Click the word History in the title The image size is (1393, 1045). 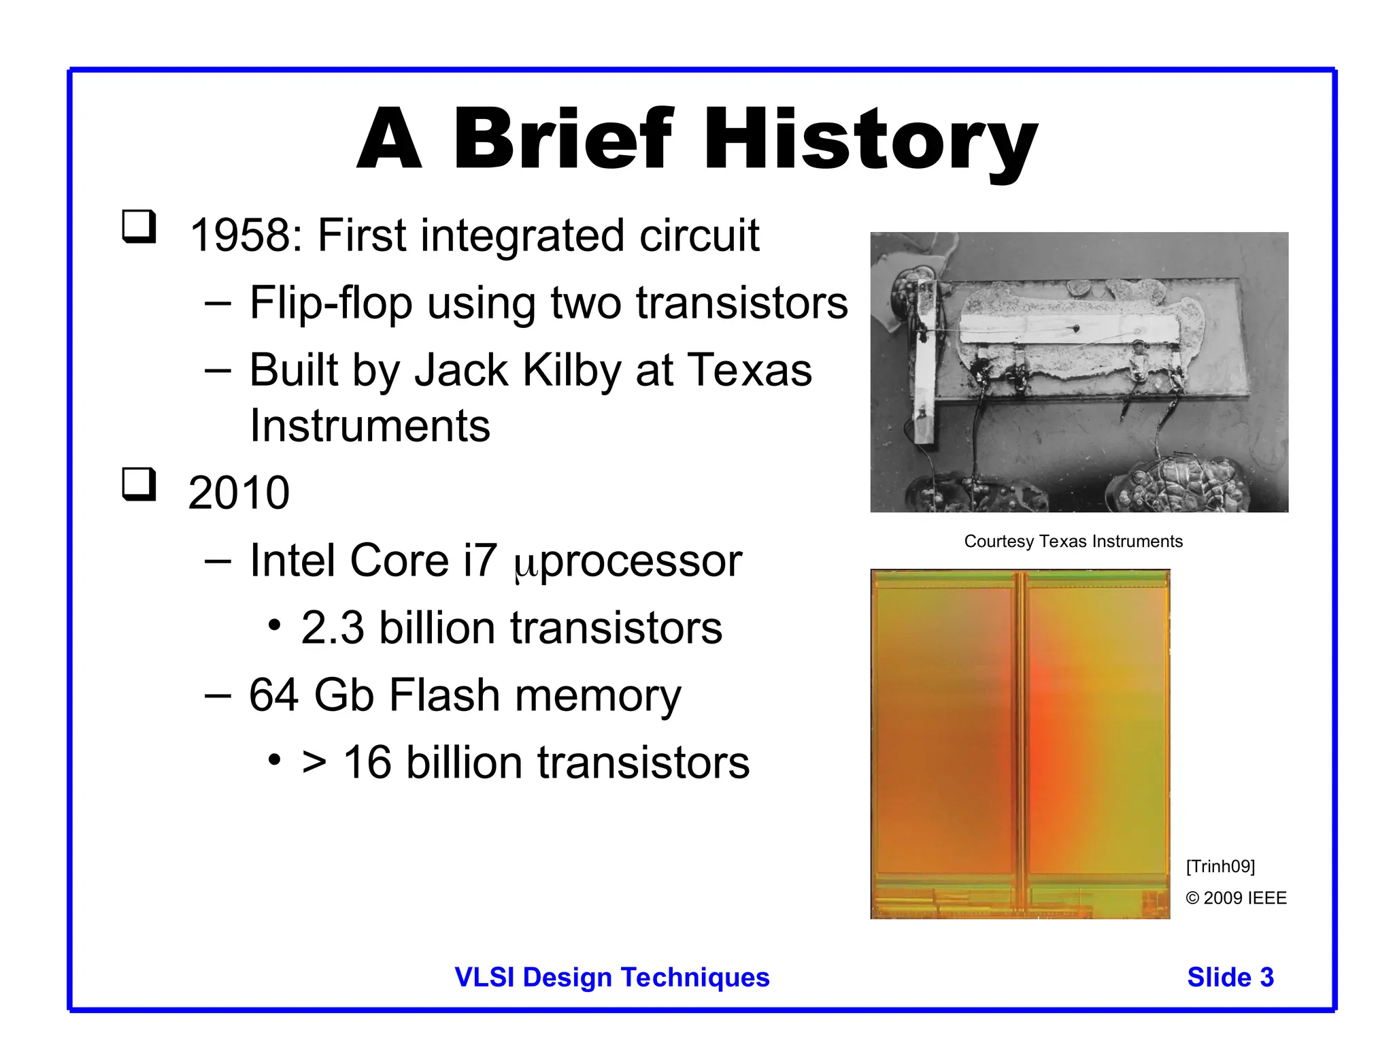coord(871,139)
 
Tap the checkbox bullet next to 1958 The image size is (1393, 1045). coord(139,226)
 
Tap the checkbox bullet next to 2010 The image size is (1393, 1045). coord(139,484)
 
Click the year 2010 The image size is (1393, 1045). coord(239,493)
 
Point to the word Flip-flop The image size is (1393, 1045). coord(331,303)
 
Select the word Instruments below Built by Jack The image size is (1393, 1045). coord(369,426)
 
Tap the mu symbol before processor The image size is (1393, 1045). coord(526,565)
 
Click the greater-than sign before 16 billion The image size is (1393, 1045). coord(314,763)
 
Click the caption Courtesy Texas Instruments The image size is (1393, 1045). coord(1073,542)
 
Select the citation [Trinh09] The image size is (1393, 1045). coord(1220,866)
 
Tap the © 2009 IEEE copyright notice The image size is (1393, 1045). coord(1236,898)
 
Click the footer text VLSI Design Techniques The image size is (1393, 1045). coord(611,977)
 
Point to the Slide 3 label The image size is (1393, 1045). coord(1230,977)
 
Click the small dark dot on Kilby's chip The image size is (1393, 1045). coord(1076,329)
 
